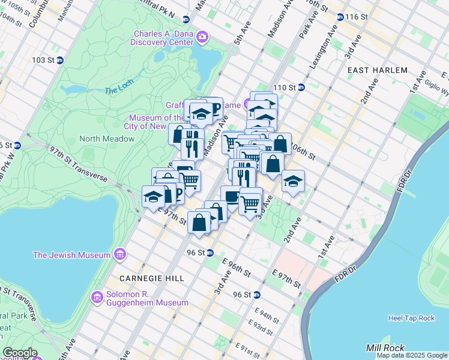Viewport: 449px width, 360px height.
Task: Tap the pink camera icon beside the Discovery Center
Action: [x=202, y=38]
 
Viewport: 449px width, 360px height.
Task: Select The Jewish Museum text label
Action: [x=71, y=255]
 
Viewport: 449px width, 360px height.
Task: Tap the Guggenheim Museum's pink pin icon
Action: [x=96, y=297]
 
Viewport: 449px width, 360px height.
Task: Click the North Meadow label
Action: [x=107, y=139]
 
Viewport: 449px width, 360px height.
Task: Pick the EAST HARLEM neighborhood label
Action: [x=378, y=70]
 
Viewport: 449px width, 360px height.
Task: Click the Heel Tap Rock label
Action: [x=411, y=318]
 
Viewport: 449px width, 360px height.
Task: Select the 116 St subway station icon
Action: [x=340, y=17]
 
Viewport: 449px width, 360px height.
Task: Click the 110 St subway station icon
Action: [x=302, y=88]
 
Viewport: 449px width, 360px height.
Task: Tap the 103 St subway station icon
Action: [x=60, y=61]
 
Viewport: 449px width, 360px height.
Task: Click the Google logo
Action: [x=20, y=353]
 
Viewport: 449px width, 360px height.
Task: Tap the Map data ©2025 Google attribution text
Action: [x=412, y=355]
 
